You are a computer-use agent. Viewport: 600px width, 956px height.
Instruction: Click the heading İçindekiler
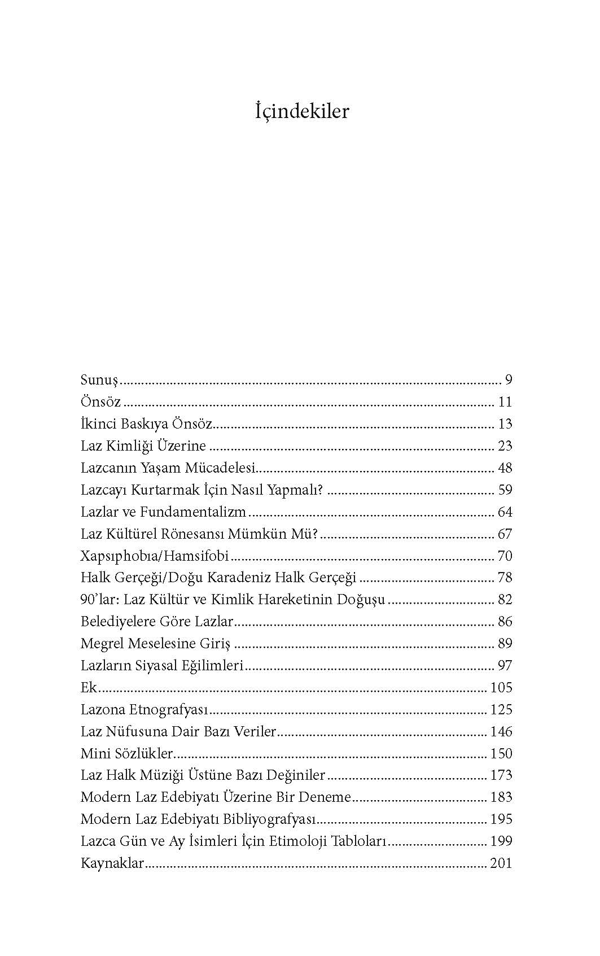(x=301, y=111)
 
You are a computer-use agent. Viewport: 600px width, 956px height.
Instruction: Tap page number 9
(x=508, y=379)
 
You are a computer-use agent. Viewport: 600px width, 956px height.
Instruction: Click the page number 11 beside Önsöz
(x=505, y=402)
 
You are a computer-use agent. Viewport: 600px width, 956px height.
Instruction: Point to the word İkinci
(x=98, y=424)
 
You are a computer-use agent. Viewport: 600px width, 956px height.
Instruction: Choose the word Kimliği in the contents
(x=133, y=446)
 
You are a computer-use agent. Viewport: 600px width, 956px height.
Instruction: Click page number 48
(x=505, y=468)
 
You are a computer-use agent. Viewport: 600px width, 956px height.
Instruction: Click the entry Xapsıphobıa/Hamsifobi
(x=155, y=556)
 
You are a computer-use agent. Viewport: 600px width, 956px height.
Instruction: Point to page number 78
(x=505, y=578)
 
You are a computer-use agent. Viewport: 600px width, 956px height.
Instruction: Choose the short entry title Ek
(x=89, y=688)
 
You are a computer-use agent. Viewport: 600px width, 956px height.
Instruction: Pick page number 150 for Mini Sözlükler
(x=501, y=754)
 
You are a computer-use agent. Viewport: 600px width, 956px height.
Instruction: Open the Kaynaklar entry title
(x=112, y=863)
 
